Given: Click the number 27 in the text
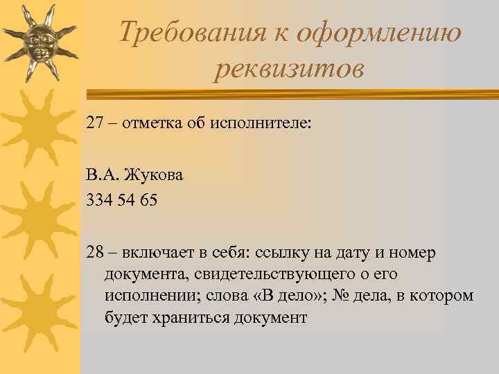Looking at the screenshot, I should pos(94,123).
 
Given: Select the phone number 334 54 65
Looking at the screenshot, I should pos(122,200).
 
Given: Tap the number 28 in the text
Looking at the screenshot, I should pos(94,253).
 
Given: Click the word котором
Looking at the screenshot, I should pos(441,296).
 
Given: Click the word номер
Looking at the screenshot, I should pos(413,253).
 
